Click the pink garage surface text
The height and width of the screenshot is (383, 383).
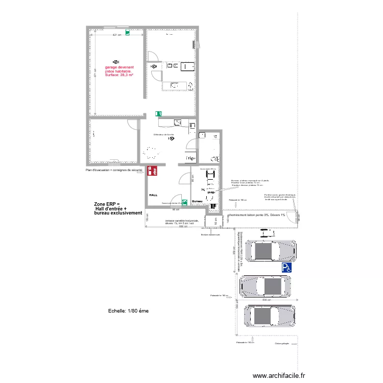pos(119,71)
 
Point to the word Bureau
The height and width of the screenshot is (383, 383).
pos(197,201)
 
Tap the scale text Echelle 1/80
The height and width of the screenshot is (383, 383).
pos(128,310)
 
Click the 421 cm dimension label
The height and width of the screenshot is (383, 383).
pos(117,35)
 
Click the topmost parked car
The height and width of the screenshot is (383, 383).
pos(271,251)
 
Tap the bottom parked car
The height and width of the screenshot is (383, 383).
pos(269,316)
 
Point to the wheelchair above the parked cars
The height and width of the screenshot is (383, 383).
pos(265,233)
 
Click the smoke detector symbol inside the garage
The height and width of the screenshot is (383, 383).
pos(116,61)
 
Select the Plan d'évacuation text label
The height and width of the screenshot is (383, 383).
pos(114,170)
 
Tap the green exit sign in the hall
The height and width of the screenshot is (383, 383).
pos(184,202)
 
